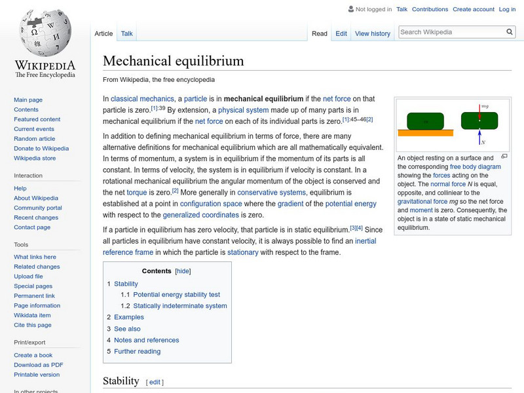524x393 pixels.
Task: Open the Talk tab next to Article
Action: point(127,33)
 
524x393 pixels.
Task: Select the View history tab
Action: point(372,33)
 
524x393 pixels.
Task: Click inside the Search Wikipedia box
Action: point(451,31)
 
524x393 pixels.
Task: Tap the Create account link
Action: point(473,9)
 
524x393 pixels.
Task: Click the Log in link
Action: point(507,9)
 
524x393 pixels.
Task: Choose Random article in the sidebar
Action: point(34,139)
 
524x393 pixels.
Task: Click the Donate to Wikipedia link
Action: point(41,149)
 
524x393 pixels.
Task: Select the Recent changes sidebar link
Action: point(36,217)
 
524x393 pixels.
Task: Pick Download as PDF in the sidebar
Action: point(39,365)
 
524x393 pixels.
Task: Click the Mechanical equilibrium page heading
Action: point(174,61)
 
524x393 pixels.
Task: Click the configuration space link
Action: point(215,204)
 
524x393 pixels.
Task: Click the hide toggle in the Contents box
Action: point(183,271)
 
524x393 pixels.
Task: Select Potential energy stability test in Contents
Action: point(176,295)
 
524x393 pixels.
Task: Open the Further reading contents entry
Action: point(137,351)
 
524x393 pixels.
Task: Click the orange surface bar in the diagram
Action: point(426,133)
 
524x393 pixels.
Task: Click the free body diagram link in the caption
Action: point(476,167)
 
